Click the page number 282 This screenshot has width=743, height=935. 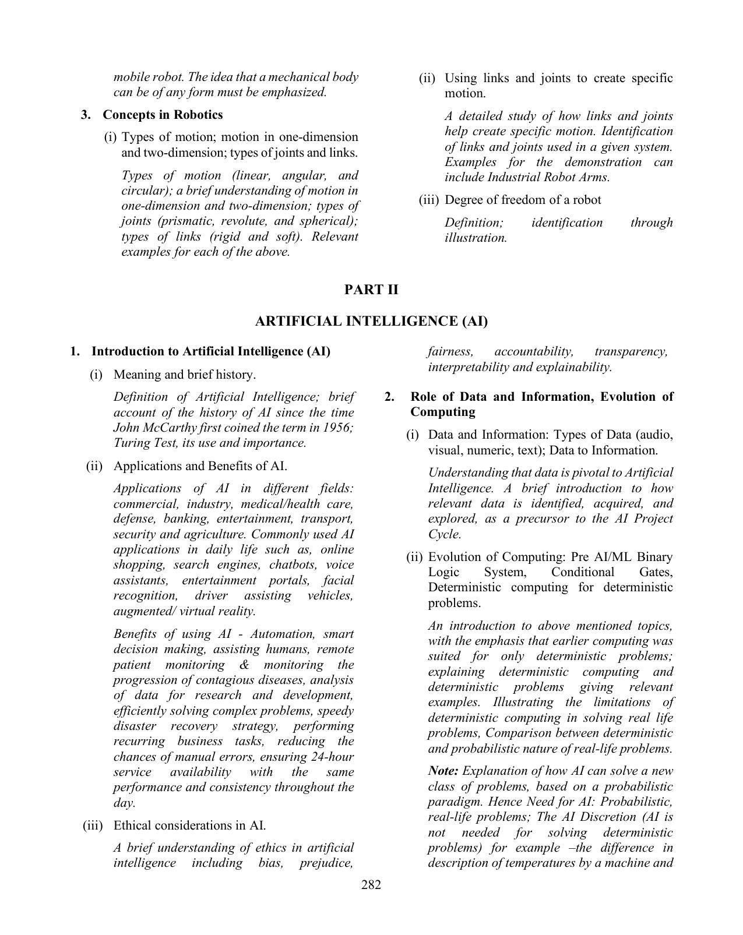371,885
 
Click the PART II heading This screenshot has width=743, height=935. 371,290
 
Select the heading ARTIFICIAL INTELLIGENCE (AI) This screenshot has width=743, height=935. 371,321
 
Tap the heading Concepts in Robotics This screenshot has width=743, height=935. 163,114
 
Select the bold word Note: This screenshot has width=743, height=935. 443,771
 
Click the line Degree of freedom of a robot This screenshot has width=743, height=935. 523,200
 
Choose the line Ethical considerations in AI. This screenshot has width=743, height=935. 189,825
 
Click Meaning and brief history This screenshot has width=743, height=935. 184,374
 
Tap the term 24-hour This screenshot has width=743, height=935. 331,757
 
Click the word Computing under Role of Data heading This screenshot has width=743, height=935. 442,412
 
